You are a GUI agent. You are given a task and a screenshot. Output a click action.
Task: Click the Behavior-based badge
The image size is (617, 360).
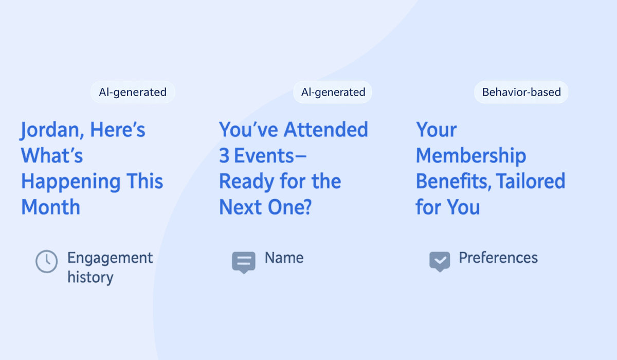(x=521, y=93)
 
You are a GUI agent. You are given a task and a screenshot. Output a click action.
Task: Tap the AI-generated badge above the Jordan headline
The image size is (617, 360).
(x=133, y=93)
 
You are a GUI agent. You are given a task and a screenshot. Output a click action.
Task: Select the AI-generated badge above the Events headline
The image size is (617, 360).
(x=333, y=93)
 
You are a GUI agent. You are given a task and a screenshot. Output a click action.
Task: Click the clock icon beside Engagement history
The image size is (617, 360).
(x=46, y=261)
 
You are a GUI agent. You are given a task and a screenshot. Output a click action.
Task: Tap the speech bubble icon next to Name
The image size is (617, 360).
(x=243, y=262)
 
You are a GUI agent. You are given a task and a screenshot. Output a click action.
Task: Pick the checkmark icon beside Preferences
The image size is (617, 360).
(x=440, y=261)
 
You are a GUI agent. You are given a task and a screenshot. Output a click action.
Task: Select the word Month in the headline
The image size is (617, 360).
(x=50, y=207)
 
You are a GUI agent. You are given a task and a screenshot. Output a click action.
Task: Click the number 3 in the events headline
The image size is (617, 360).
(x=224, y=156)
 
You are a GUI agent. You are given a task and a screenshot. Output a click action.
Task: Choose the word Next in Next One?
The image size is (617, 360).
(x=238, y=207)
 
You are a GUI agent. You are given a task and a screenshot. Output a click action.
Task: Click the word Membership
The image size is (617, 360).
(x=470, y=156)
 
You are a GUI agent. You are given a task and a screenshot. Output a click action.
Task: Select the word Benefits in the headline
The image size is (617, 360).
(x=452, y=181)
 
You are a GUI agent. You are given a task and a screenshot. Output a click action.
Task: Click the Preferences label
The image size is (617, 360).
(x=498, y=258)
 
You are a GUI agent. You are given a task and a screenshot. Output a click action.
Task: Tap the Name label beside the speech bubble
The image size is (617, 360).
(x=284, y=258)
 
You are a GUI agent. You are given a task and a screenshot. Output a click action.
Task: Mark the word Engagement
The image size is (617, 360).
(x=110, y=258)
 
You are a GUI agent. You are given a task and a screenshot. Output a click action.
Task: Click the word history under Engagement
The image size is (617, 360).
(x=90, y=277)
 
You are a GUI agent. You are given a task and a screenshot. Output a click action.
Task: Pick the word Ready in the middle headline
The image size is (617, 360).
(x=245, y=182)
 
